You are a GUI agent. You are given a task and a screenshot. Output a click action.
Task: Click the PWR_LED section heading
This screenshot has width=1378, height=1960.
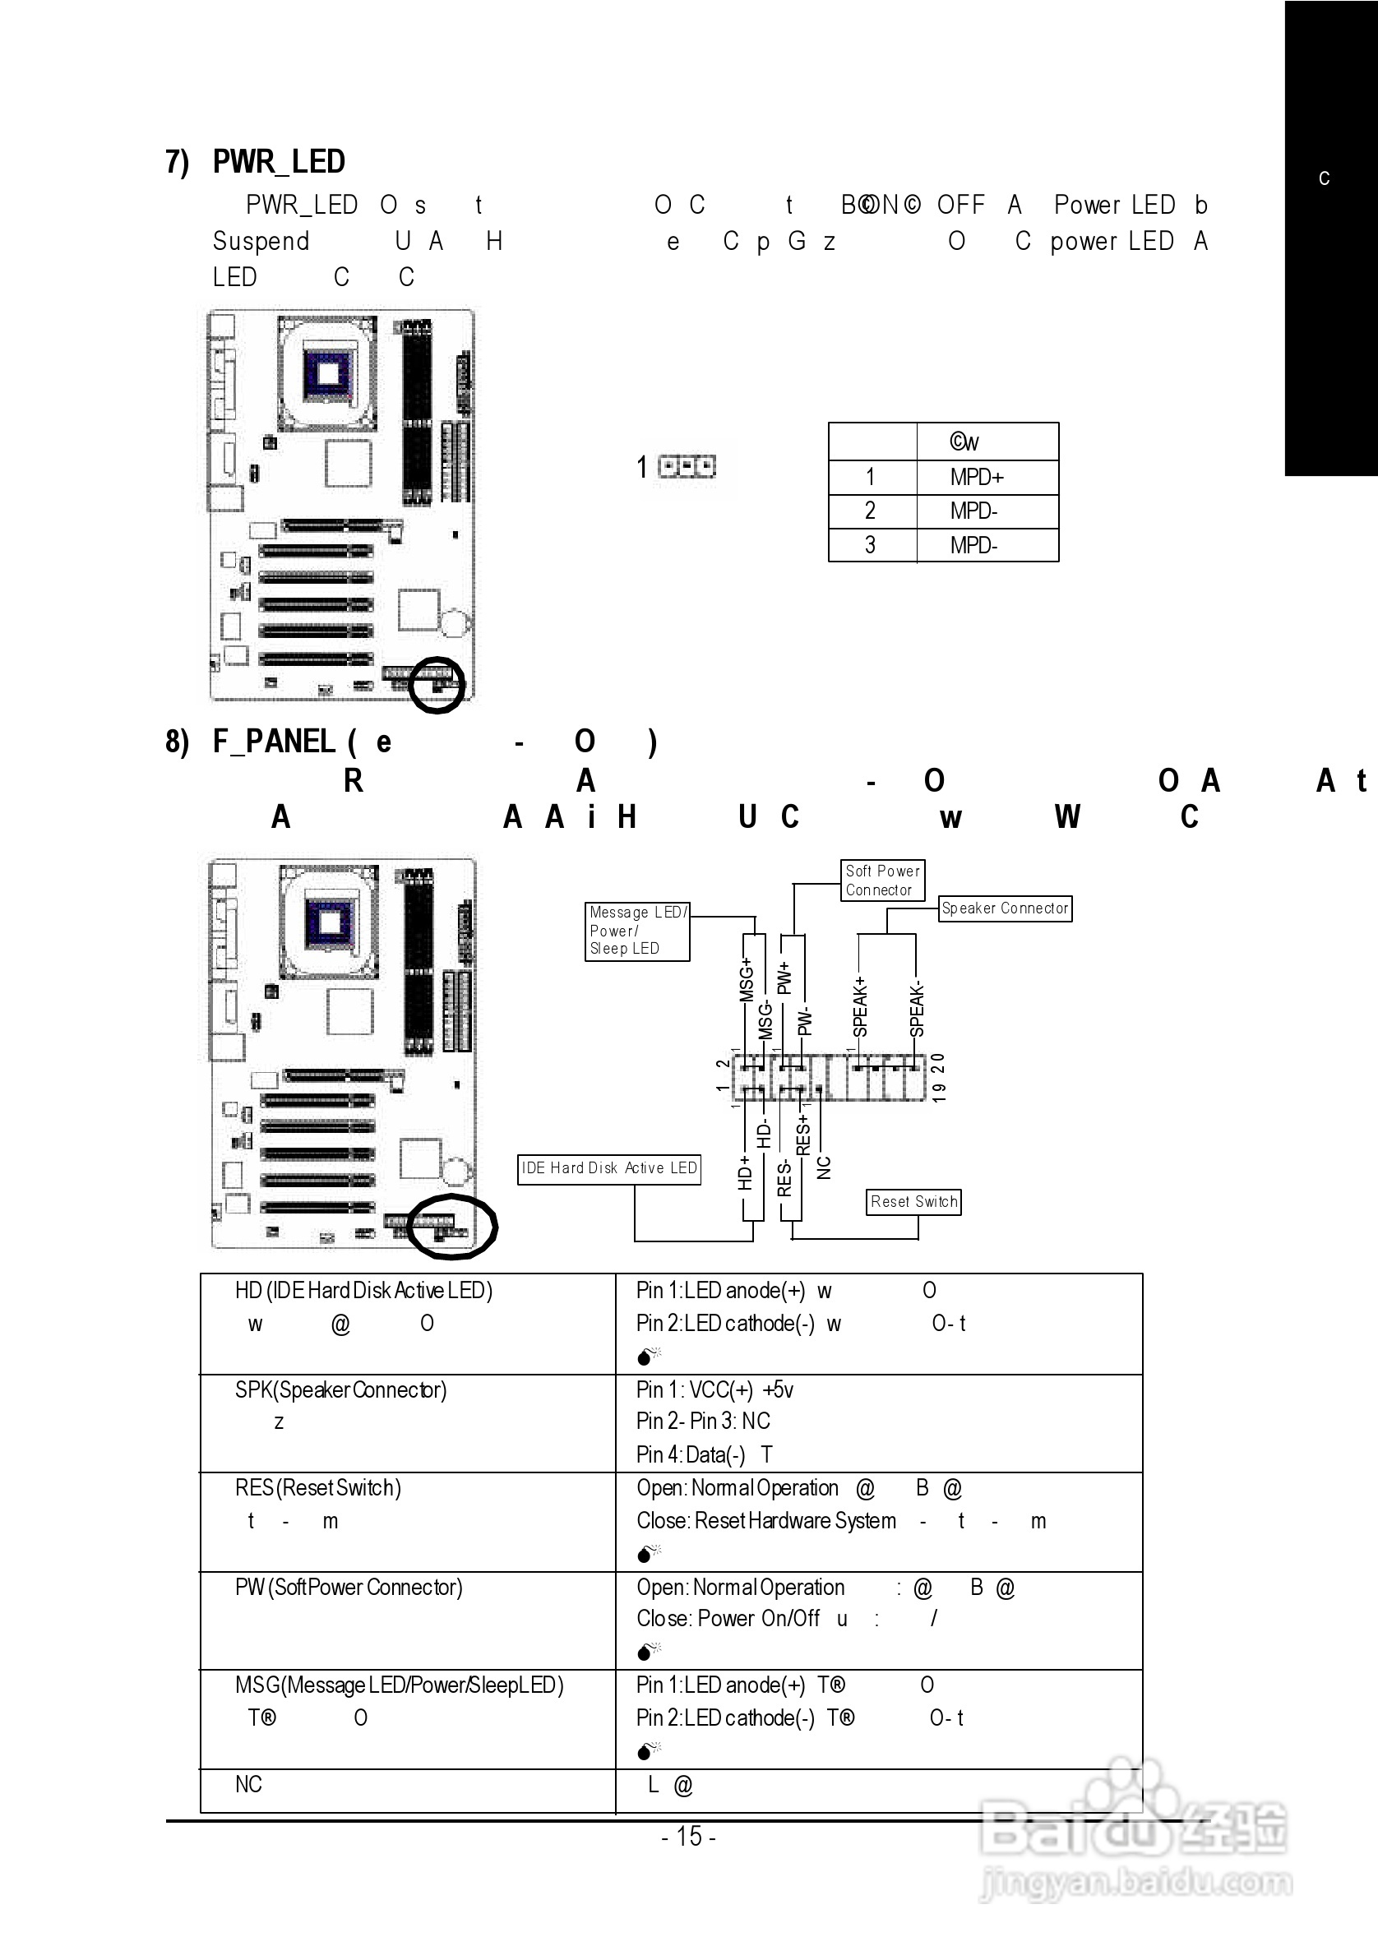279,161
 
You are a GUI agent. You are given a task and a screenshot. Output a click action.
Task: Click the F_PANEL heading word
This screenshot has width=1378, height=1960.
273,741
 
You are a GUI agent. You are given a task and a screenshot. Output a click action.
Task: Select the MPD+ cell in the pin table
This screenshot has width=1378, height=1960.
977,477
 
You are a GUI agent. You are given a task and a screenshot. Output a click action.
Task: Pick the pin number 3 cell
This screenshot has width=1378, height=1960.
870,544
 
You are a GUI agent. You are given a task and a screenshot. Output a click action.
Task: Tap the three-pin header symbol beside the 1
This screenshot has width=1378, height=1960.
687,466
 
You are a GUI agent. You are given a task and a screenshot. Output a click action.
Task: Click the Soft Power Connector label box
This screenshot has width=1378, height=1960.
882,881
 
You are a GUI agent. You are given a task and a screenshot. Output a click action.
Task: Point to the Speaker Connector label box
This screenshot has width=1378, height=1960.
1005,908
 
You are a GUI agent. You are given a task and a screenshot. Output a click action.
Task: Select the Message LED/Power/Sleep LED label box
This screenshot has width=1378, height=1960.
637,931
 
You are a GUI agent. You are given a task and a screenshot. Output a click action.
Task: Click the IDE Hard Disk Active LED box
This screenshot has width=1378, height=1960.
608,1168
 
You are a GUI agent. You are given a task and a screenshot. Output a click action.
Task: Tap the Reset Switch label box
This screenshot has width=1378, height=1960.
913,1202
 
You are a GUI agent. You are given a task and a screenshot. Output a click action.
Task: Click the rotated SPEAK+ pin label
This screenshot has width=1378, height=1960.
861,1007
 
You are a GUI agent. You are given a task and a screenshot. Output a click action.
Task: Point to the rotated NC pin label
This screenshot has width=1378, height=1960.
824,1167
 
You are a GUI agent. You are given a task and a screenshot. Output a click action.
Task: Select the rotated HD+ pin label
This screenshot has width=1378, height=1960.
744,1173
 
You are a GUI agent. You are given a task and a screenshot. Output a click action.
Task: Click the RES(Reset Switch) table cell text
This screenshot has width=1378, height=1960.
317,1488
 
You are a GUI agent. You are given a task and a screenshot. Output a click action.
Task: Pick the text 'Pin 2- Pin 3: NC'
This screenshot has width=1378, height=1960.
703,1421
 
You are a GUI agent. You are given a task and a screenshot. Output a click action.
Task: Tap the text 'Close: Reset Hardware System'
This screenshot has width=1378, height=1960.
765,1520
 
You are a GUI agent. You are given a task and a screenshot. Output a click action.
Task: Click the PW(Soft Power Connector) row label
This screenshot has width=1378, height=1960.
349,1587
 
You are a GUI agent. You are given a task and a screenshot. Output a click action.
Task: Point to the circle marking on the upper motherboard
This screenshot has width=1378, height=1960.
437,685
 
